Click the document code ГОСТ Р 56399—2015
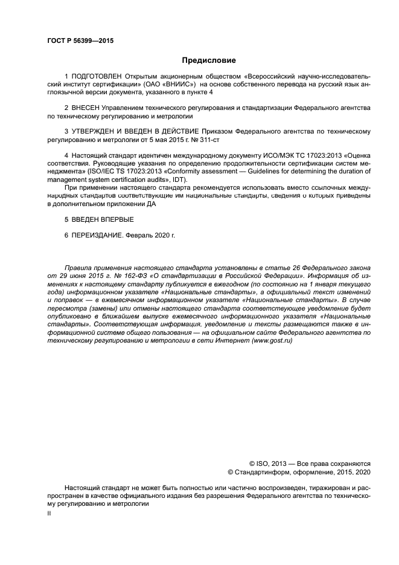[x=80, y=41]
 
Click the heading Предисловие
[x=209, y=60]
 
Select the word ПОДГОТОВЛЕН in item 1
[x=96, y=77]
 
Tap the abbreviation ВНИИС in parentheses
[x=177, y=85]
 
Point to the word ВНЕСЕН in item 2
[x=88, y=108]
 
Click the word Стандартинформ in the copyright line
[x=260, y=472]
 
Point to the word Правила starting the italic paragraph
[x=77, y=266]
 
